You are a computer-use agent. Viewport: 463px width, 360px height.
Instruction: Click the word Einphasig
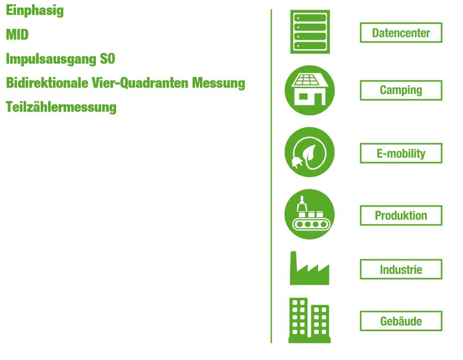(35, 11)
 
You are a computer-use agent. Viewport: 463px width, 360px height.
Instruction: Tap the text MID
(18, 35)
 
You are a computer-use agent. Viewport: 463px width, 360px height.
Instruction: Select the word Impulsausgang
(51, 59)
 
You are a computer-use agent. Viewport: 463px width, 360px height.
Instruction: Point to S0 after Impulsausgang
(107, 58)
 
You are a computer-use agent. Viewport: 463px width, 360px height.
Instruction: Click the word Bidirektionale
(47, 83)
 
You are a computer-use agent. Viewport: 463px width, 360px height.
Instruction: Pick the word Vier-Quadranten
(140, 83)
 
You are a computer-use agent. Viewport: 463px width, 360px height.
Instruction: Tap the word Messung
(219, 83)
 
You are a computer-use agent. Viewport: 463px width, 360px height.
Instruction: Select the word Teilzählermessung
(61, 107)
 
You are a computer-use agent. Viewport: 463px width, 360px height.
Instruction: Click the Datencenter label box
(401, 33)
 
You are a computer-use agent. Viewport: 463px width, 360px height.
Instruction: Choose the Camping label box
(401, 90)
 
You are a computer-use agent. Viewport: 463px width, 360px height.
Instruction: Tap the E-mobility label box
(401, 154)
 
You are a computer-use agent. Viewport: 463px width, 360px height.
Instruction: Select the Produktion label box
(401, 216)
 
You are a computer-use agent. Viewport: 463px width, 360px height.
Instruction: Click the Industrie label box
(401, 270)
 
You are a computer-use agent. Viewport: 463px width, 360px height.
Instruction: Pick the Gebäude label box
(401, 321)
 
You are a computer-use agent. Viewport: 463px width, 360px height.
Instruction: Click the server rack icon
(310, 32)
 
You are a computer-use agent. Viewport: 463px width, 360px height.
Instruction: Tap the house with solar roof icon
(310, 90)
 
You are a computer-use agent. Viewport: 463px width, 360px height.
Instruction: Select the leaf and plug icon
(310, 152)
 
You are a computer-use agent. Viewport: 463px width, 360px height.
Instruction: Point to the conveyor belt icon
(310, 215)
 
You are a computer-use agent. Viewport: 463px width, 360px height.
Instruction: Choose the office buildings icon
(310, 320)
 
